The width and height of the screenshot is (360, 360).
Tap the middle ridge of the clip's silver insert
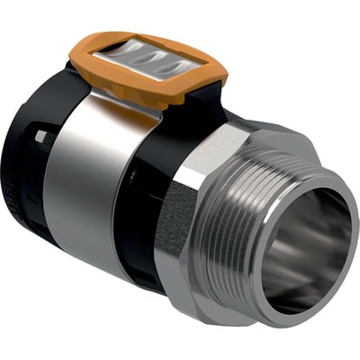click(x=148, y=68)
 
